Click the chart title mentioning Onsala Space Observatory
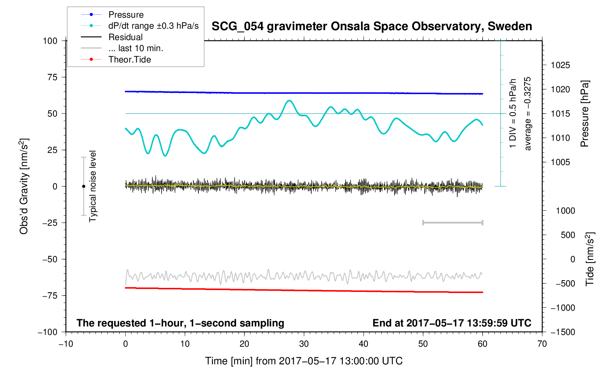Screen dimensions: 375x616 [372, 26]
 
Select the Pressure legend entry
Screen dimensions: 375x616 [126, 15]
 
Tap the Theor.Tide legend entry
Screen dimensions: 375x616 [129, 60]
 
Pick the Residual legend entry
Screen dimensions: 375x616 [125, 37]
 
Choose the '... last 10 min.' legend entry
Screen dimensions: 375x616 [136, 48]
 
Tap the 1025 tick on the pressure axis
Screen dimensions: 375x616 [560, 65]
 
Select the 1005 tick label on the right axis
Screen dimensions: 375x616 [560, 162]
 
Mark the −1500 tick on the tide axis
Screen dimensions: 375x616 [562, 332]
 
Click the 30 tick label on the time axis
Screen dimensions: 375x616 [304, 344]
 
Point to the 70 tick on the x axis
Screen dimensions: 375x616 [542, 344]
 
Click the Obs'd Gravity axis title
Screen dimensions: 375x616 [24, 186]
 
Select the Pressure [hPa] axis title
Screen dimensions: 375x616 [584, 114]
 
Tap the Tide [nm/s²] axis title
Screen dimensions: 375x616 [590, 259]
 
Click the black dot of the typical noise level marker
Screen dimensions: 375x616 [83, 186]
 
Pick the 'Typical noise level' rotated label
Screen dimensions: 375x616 [93, 186]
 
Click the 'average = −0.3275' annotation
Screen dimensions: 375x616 [528, 114]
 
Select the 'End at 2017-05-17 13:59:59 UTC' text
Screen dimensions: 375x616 [452, 323]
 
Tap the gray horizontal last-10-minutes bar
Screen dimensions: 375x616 [452, 223]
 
